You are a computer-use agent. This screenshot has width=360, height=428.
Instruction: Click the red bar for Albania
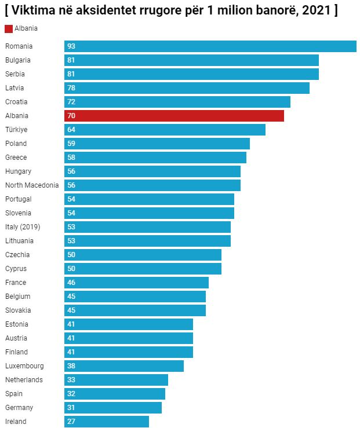pyautogui.click(x=174, y=116)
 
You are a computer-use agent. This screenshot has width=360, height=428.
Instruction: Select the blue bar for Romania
pyautogui.click(x=210, y=46)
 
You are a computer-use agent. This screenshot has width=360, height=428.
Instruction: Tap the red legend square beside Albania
pyautogui.click(x=9, y=28)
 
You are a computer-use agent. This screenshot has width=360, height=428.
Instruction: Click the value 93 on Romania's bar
pyautogui.click(x=71, y=46)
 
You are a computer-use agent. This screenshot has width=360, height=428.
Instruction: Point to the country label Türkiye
pyautogui.click(x=16, y=130)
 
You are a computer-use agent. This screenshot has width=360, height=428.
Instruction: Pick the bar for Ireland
pyautogui.click(x=107, y=422)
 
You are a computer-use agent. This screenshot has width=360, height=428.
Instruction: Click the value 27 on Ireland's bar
pyautogui.click(x=71, y=422)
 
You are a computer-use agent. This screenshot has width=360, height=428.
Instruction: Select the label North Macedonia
pyautogui.click(x=32, y=185)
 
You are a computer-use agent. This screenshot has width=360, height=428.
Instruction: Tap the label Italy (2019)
pyautogui.click(x=23, y=227)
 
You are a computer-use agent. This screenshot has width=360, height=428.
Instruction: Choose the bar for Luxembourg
pyautogui.click(x=124, y=366)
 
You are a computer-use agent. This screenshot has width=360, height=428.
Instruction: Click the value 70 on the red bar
pyautogui.click(x=71, y=116)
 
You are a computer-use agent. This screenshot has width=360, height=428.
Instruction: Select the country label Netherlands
pyautogui.click(x=24, y=380)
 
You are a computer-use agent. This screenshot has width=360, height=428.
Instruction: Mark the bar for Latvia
pyautogui.click(x=187, y=88)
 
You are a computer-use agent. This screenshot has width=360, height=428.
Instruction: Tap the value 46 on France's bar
pyautogui.click(x=71, y=283)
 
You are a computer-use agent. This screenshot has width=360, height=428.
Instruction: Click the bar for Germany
pyautogui.click(x=113, y=408)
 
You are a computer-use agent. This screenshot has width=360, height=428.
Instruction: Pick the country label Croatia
pyautogui.click(x=16, y=102)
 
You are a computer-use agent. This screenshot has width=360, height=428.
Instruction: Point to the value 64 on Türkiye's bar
pyautogui.click(x=71, y=130)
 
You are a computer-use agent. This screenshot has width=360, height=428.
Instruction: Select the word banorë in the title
pyautogui.click(x=277, y=11)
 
